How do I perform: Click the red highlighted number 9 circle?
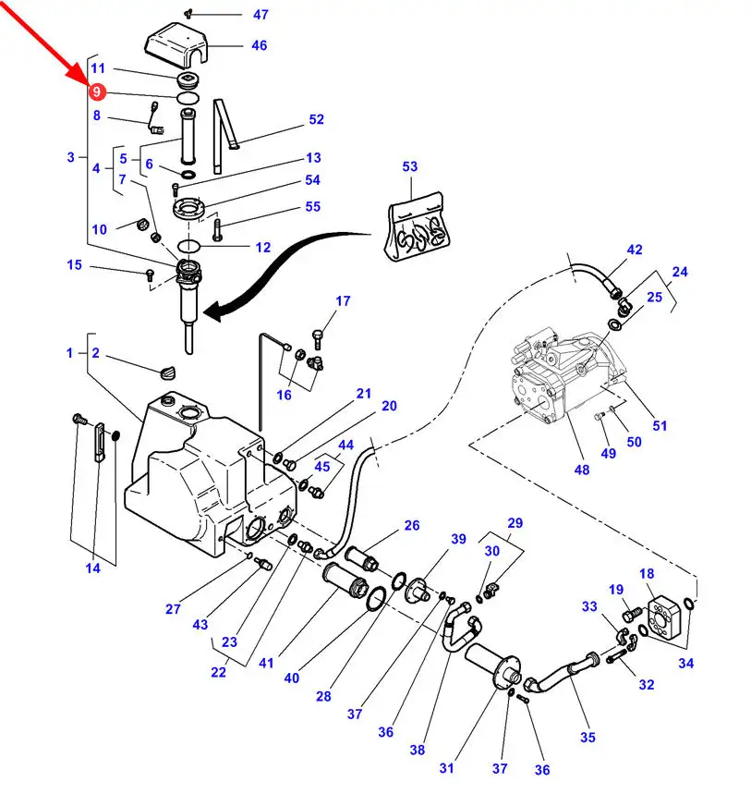[96, 92]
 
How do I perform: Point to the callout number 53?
[409, 167]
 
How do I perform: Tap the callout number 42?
[634, 250]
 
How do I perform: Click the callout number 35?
[587, 737]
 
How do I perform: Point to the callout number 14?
[93, 568]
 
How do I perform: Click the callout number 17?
[343, 301]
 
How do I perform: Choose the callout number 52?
[316, 119]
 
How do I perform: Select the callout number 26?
[411, 526]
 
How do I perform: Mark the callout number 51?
[659, 426]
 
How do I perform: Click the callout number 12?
[263, 248]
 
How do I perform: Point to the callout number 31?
[447, 768]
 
